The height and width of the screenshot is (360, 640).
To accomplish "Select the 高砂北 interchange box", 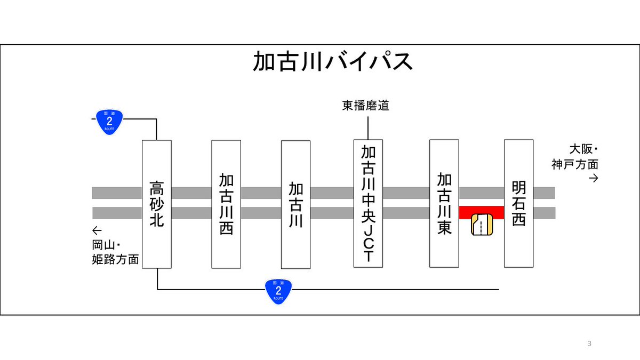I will tap(156, 204).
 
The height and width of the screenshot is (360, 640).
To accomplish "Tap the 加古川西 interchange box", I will tap(226, 204).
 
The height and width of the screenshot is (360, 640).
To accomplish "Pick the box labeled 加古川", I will tap(295, 204).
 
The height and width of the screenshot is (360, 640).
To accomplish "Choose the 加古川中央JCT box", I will tap(368, 203).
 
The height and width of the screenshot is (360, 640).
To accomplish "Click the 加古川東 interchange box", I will tap(444, 203).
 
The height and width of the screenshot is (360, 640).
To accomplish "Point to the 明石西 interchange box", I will tap(518, 203).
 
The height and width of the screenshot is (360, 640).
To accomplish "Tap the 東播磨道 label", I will tap(366, 106).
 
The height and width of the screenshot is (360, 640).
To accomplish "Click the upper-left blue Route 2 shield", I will tap(109, 122).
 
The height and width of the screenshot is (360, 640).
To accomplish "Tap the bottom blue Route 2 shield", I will tap(278, 291).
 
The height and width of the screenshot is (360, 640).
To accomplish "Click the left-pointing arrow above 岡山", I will tap(97, 231).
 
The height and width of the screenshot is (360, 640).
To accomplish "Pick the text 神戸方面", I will tap(575, 164).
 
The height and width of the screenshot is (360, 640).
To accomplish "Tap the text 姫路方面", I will tap(115, 260).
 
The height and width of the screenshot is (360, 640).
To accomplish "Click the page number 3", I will tap(589, 343).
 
